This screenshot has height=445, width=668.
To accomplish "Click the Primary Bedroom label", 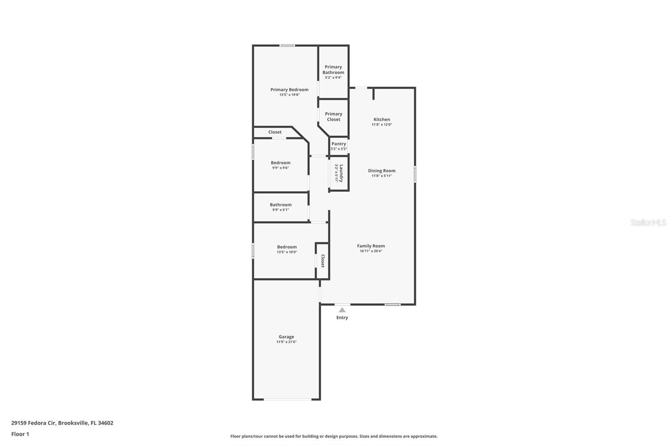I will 289,89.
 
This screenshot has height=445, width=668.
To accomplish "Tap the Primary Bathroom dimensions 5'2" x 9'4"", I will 333,78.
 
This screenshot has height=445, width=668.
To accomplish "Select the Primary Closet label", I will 334,116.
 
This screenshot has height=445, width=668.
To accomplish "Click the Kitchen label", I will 382,119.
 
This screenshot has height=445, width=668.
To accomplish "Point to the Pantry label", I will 339,144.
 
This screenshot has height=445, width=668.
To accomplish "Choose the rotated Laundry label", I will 341,173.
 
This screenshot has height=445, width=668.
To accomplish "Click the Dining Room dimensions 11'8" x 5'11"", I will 382,176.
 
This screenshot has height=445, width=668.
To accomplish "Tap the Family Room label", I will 371,246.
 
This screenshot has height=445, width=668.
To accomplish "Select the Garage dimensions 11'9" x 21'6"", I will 286,342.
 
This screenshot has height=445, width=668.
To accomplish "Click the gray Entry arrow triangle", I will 342,310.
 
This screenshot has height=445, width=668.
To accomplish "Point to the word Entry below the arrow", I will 342,318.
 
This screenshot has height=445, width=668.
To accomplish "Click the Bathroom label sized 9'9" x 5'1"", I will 281,205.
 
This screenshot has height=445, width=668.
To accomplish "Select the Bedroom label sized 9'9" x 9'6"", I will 281,163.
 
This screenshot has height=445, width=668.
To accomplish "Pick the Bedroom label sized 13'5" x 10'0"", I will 287,247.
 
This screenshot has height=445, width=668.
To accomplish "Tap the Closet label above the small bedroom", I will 275,132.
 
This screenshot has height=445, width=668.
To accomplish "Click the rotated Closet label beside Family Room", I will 323,261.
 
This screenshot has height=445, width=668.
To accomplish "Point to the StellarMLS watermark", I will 648,222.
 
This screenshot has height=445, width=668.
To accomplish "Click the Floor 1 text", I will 20,434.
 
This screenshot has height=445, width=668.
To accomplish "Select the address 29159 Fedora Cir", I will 33,423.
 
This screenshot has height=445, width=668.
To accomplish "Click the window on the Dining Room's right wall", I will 415,174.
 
